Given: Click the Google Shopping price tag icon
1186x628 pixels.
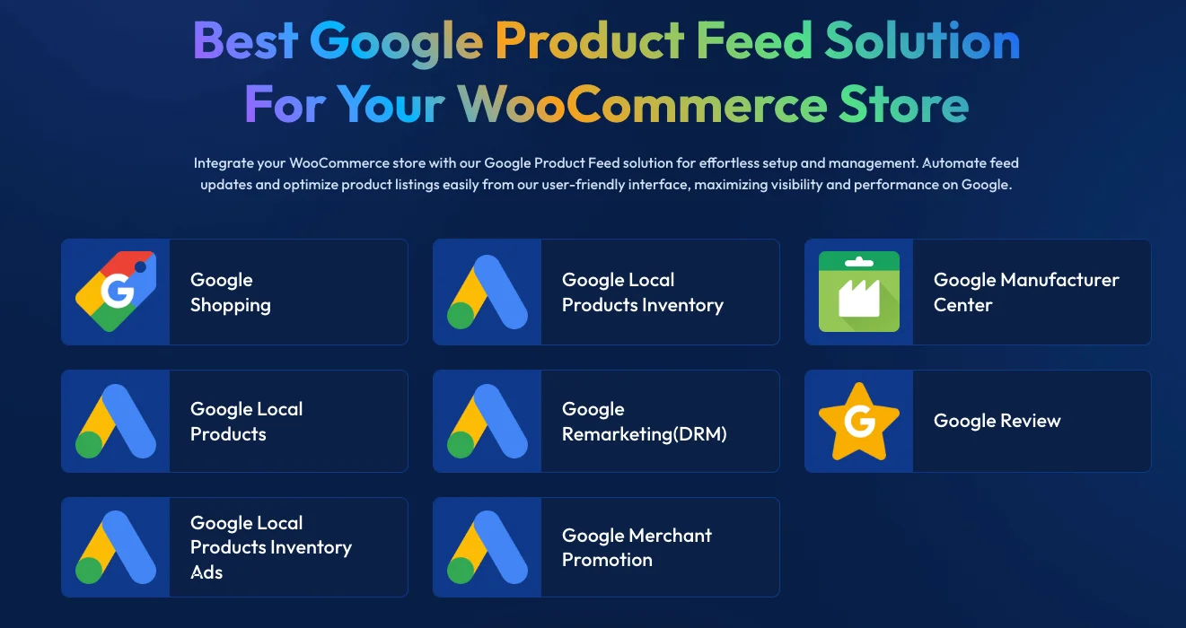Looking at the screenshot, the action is [116, 292].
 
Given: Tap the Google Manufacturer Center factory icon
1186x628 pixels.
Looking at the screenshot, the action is [859, 292].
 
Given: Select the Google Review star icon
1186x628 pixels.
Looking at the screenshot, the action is [859, 422].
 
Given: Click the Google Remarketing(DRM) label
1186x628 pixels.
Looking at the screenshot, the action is [644, 421].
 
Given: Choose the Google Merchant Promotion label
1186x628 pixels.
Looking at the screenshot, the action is [637, 547].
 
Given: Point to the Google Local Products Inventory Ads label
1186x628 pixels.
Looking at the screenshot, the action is [270, 547].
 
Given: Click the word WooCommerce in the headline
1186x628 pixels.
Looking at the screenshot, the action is [642, 105].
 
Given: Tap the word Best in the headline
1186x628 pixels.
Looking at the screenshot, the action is [245, 40].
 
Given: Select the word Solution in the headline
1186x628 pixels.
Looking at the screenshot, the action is [922, 40].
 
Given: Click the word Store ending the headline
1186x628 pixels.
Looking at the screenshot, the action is [904, 105].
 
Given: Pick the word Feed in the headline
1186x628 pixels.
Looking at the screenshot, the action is [754, 40].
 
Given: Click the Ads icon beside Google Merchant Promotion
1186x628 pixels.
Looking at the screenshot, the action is [488, 547].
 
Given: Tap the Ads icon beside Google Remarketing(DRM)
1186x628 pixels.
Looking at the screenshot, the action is [488, 421].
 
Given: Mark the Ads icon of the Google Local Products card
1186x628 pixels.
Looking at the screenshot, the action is [116, 421].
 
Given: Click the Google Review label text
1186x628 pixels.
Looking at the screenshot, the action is [997, 421].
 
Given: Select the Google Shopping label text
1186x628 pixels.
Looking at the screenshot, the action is [231, 292].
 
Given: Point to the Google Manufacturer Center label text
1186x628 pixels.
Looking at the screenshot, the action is [1026, 292].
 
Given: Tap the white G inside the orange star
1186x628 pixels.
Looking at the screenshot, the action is [859, 422].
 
